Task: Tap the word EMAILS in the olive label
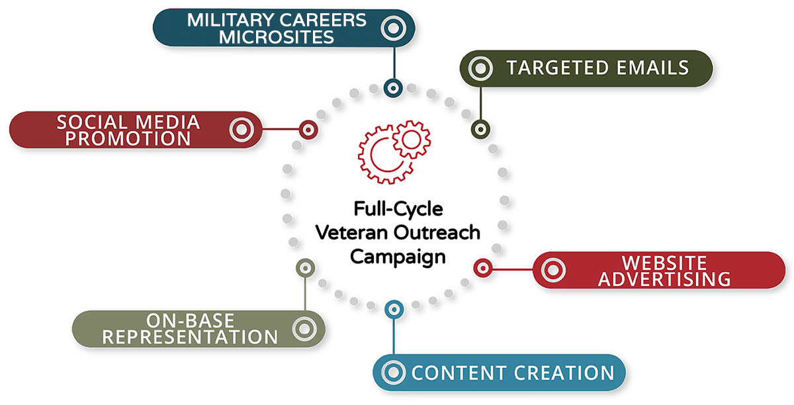pos(652,67)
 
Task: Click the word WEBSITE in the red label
pos(664,262)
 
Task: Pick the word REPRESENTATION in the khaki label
pos(191,337)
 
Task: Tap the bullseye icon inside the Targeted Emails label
pos(481,67)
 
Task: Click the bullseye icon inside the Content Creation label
pos(394,372)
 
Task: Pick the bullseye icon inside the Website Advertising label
pos(554,270)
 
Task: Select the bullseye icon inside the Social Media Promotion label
pos(243,129)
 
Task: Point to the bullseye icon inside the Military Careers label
pos(394,28)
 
